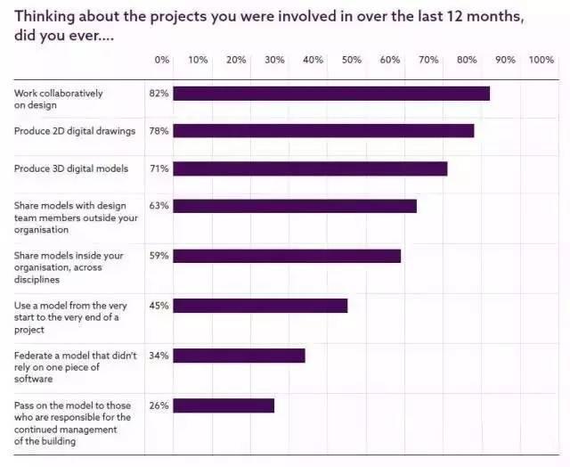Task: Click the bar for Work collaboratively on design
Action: click(x=331, y=93)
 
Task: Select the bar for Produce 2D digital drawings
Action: click(x=323, y=130)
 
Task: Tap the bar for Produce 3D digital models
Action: click(x=310, y=168)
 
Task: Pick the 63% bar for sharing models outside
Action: click(x=295, y=206)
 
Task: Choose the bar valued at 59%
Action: click(x=287, y=256)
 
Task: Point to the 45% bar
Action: click(x=260, y=306)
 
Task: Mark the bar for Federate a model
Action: click(x=239, y=356)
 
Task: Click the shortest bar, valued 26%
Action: click(x=224, y=406)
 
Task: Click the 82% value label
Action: click(x=159, y=93)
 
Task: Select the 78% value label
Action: click(x=159, y=130)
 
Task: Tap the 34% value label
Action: click(x=159, y=356)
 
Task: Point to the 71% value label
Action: click(x=159, y=168)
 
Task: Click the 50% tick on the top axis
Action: click(x=352, y=60)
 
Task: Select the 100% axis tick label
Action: click(x=541, y=60)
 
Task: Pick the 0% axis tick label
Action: click(x=161, y=60)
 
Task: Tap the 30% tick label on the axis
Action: click(x=275, y=60)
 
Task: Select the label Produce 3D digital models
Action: click(x=71, y=168)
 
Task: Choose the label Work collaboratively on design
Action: click(x=59, y=99)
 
